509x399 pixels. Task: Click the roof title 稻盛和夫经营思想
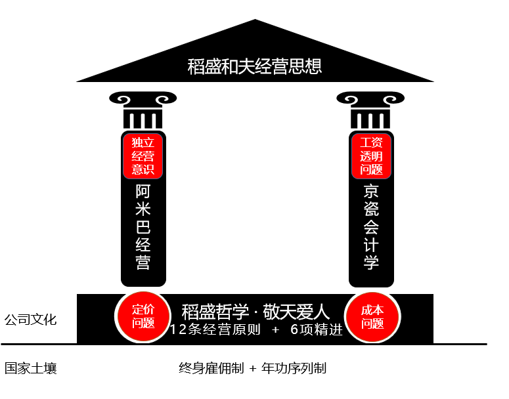(x=255, y=66)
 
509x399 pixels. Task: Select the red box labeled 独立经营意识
(x=143, y=156)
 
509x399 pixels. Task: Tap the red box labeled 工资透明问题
(x=371, y=156)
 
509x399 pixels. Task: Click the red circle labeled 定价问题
(x=143, y=316)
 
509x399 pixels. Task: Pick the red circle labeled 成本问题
(x=372, y=316)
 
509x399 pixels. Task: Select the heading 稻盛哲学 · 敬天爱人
(x=255, y=310)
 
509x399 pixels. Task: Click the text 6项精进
(x=317, y=330)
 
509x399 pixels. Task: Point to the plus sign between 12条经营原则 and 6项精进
(x=275, y=330)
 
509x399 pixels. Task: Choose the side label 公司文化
(x=30, y=320)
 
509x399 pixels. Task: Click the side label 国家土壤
(x=30, y=368)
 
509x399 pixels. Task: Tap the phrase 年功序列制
(x=294, y=368)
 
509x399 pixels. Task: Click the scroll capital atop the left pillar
(x=143, y=109)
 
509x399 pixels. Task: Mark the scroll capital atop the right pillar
(x=371, y=109)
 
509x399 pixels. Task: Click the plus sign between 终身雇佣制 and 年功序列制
(x=253, y=368)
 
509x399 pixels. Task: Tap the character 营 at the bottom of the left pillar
(x=143, y=262)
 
